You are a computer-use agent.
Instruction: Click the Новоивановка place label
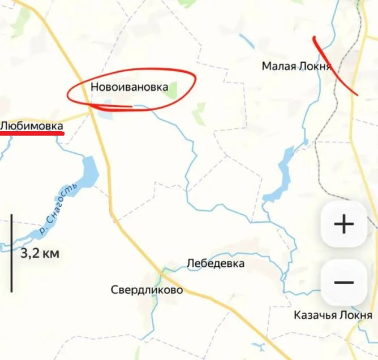[129, 87]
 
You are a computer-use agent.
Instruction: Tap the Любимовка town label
[32, 125]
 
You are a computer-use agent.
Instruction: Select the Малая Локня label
[296, 66]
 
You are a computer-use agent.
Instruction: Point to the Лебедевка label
[216, 263]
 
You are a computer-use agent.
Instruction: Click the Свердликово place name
[147, 290]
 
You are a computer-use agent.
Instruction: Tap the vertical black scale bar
[11, 253]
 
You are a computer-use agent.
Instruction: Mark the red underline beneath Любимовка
[32, 134]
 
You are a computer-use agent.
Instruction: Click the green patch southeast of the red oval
[199, 114]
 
